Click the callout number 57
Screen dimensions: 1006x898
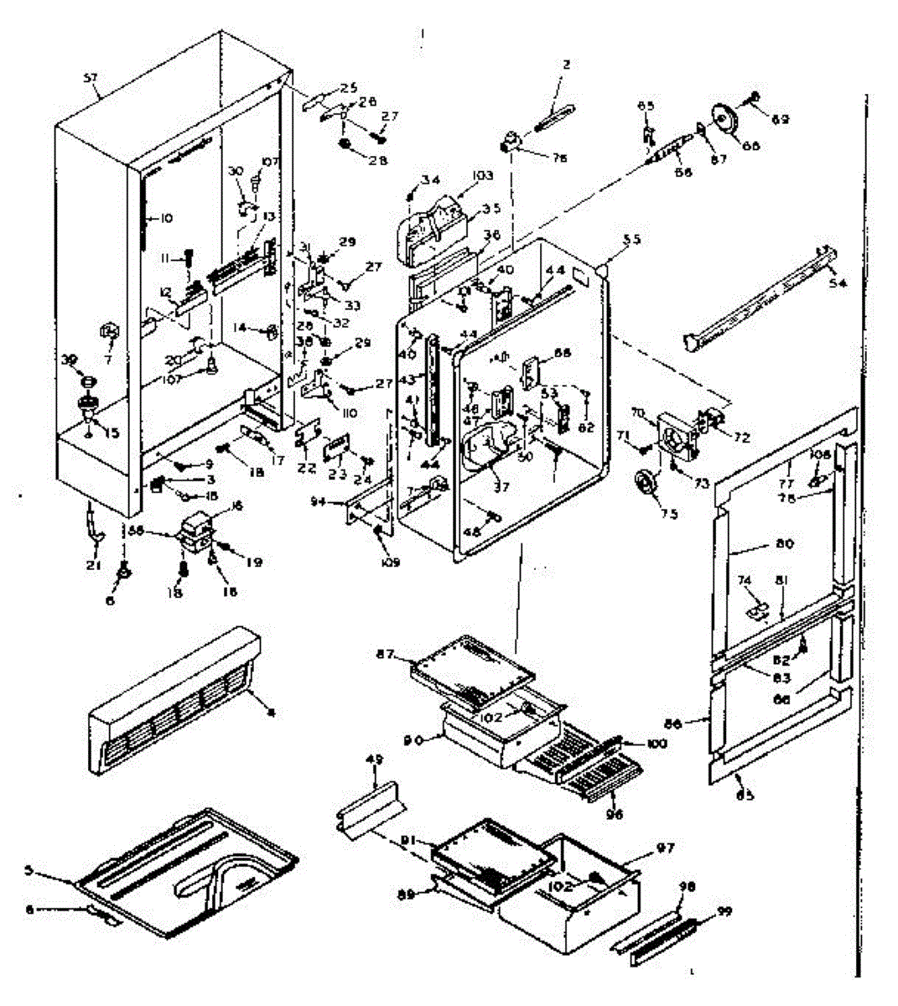click(x=91, y=78)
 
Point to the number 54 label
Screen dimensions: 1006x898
click(x=837, y=283)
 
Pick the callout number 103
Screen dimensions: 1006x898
click(x=482, y=176)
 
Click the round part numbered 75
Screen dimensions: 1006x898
click(x=646, y=485)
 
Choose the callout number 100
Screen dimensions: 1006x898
click(x=657, y=744)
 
